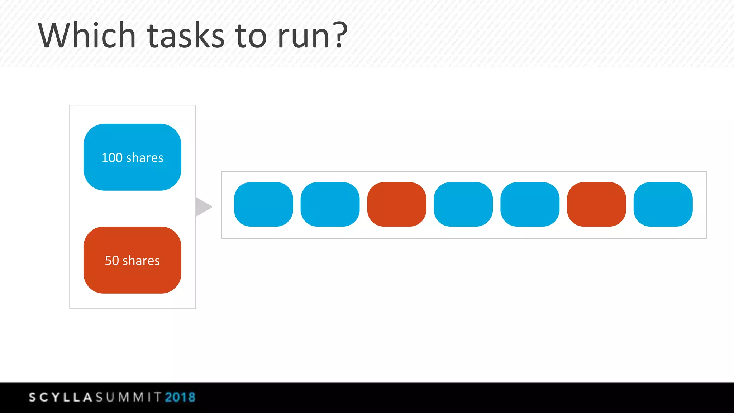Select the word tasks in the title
tap(186, 36)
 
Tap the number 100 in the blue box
tap(112, 158)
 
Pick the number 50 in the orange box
tap(111, 261)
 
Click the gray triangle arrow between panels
tap(203, 207)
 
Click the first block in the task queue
tap(263, 204)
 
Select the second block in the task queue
tap(330, 204)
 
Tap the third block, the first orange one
tap(397, 204)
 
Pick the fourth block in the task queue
tap(463, 204)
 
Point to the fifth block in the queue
tap(530, 204)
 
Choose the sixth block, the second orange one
tap(596, 204)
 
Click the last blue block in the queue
tap(663, 204)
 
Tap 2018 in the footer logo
tap(180, 397)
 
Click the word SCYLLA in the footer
tap(61, 397)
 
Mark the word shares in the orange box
tap(141, 261)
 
